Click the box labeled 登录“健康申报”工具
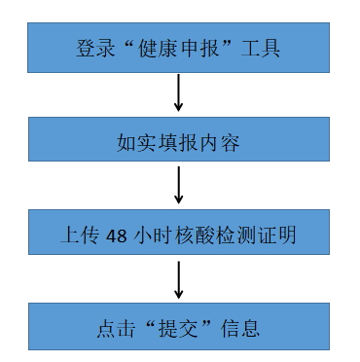pyautogui.click(x=179, y=45)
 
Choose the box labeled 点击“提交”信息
pyautogui.click(x=179, y=327)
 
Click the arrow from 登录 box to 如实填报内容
pyautogui.click(x=179, y=93)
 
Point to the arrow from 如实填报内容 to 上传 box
pyautogui.click(x=179, y=186)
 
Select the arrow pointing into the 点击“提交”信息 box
pyautogui.click(x=179, y=280)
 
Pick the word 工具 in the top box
pyautogui.click(x=263, y=47)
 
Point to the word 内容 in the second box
pyautogui.click(x=221, y=141)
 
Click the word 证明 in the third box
pyautogui.click(x=267, y=235)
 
